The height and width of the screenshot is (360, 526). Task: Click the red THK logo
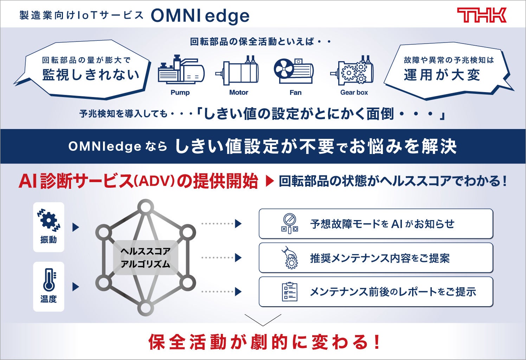pos(481,15)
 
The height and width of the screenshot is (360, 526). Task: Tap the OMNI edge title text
pos(200,16)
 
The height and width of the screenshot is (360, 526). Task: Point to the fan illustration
pos(294,70)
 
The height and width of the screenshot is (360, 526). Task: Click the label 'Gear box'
pos(354,92)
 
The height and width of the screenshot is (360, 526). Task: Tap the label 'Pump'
pos(180,92)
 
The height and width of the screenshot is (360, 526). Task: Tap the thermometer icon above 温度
pos(49,279)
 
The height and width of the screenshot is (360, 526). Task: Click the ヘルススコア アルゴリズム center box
pos(145,258)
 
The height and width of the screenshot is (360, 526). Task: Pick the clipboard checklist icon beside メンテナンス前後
pos(290,292)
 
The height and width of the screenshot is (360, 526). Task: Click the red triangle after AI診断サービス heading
pos(269,181)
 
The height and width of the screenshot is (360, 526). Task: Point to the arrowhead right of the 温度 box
pos(76,287)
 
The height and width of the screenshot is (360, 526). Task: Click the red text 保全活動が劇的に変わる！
pos(264,342)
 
